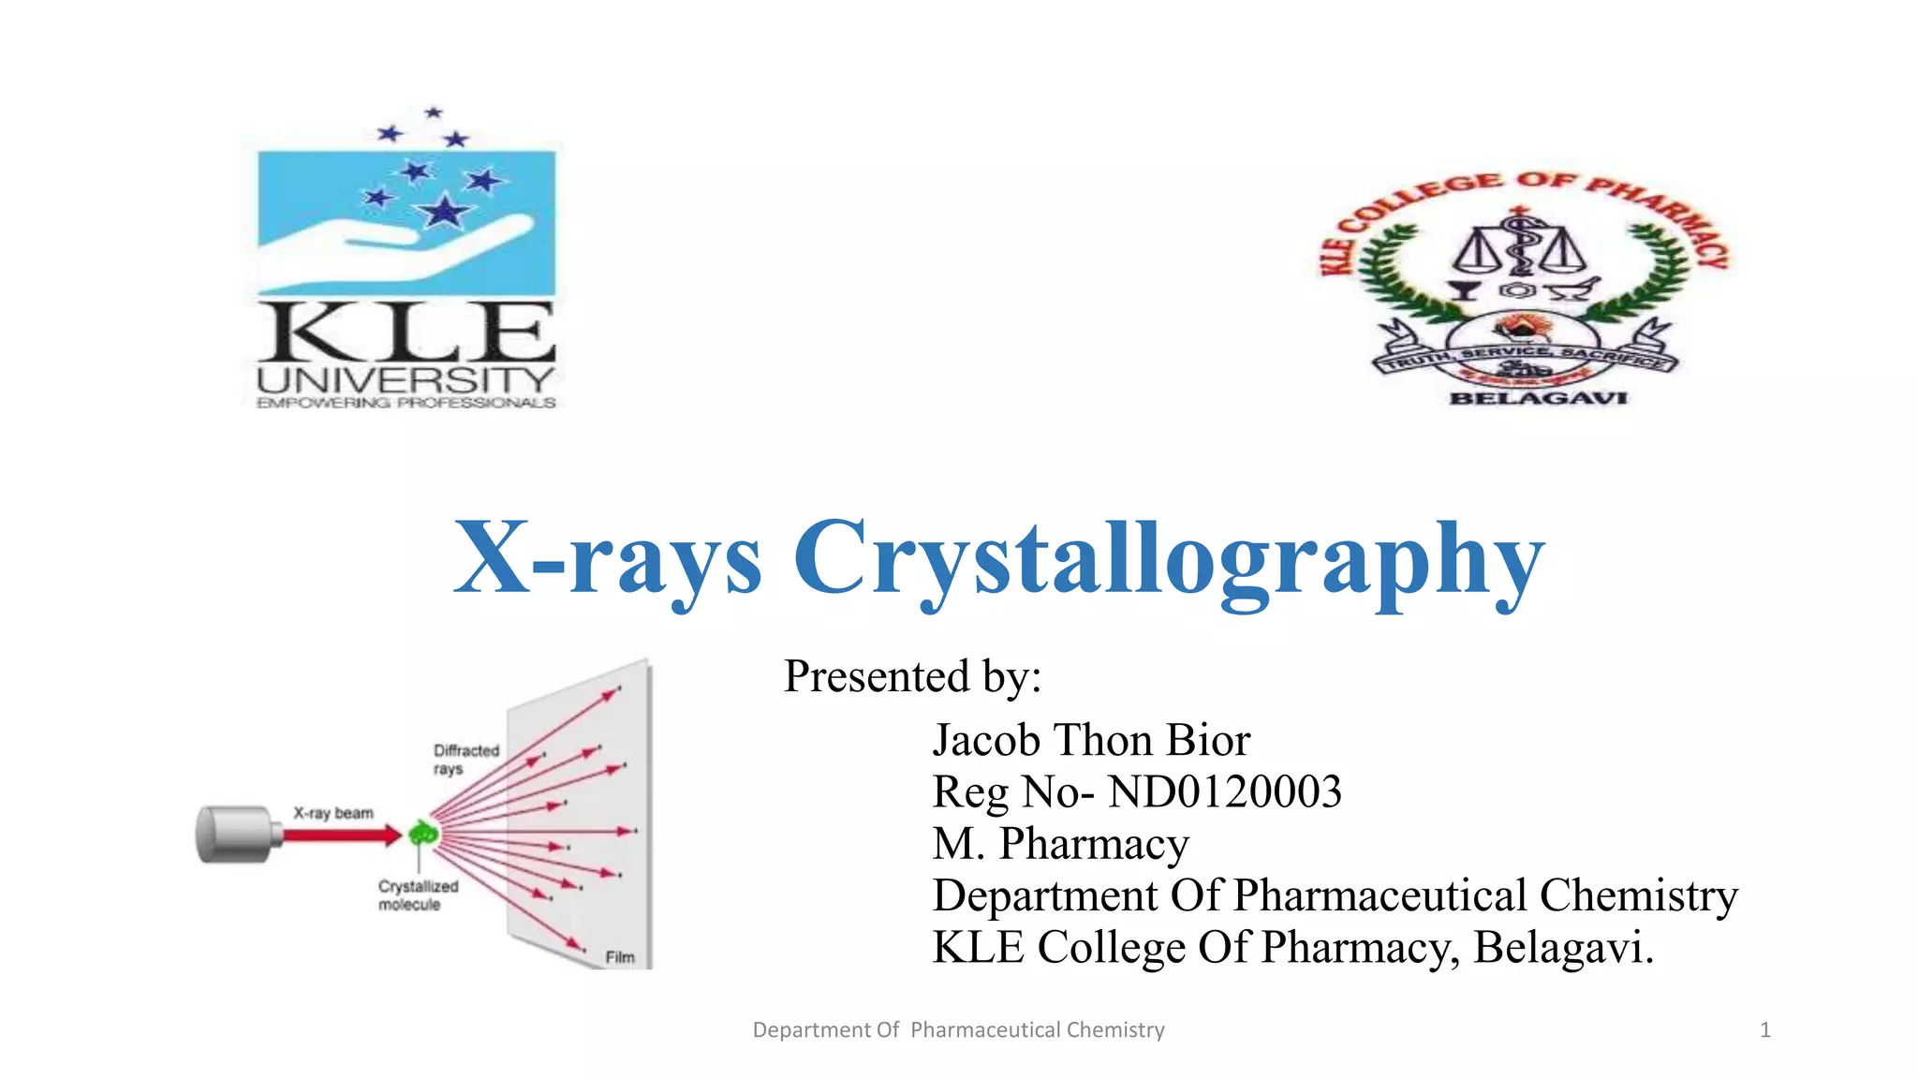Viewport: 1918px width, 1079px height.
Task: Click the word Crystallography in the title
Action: (1168, 559)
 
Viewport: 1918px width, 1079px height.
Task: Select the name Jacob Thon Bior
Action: (1091, 740)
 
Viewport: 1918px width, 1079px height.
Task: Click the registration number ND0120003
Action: (1224, 792)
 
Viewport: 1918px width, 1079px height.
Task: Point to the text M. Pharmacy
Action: (1060, 843)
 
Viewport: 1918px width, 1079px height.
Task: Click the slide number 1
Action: (1764, 1030)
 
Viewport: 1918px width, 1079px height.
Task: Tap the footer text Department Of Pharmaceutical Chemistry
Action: (958, 1030)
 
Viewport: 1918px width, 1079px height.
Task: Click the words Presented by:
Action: (912, 676)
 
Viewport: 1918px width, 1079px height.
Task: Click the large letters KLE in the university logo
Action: (406, 333)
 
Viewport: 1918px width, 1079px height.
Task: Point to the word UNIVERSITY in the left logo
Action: (406, 380)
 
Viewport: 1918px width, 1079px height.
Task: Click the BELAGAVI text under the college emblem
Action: (1538, 398)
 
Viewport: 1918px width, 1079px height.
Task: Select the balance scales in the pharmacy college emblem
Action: (1519, 248)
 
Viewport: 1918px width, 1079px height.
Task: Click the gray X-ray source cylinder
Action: (234, 833)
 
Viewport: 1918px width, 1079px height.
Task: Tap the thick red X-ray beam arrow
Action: (342, 834)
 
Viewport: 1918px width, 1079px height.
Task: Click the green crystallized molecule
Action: (423, 832)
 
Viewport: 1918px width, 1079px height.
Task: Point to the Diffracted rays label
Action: (465, 759)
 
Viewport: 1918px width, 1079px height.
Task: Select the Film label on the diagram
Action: (620, 956)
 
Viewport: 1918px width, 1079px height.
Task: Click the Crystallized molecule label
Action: (418, 894)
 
